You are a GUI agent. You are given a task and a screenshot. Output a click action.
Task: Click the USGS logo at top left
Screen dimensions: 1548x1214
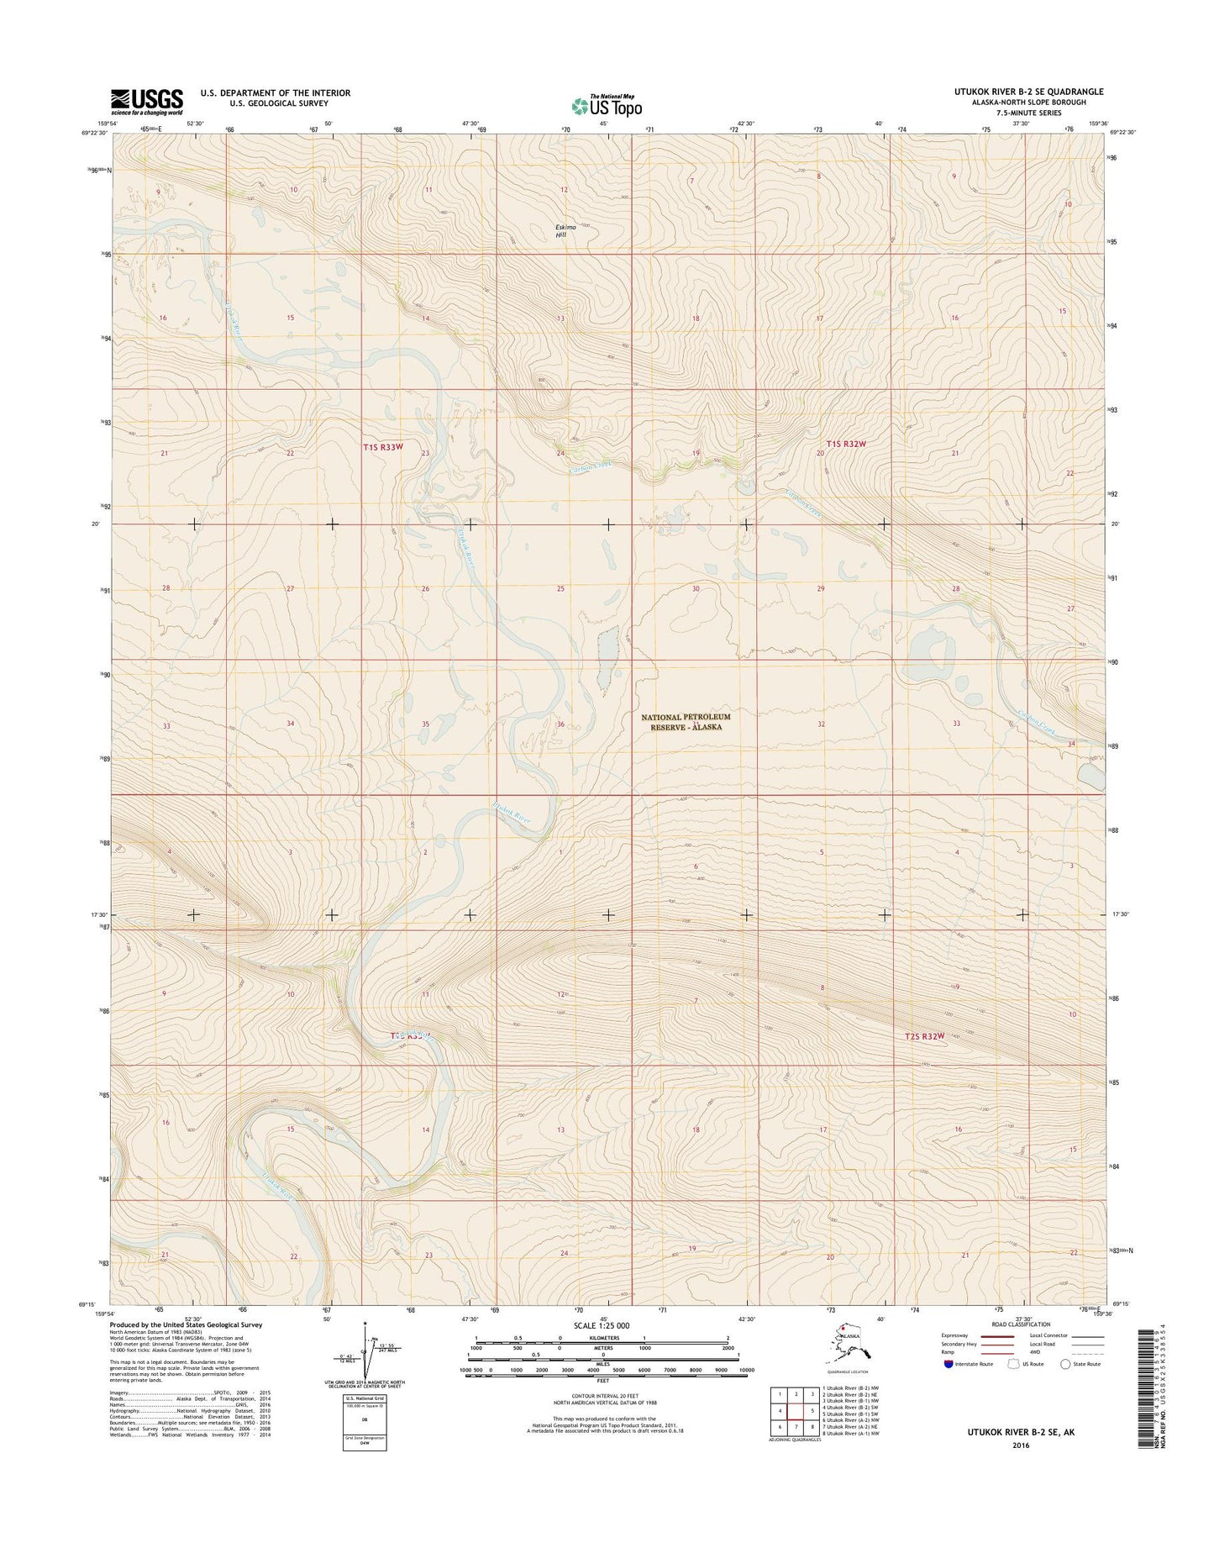pyautogui.click(x=146, y=102)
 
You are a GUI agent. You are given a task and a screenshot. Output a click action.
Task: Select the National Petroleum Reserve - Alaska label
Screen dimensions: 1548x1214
pyautogui.click(x=686, y=721)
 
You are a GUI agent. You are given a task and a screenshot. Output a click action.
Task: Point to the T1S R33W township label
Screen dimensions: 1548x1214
pyautogui.click(x=378, y=448)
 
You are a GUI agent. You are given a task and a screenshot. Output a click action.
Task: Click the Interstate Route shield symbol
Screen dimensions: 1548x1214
pyautogui.click(x=949, y=1364)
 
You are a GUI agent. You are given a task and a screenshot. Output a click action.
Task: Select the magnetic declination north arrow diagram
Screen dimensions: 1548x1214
pyautogui.click(x=365, y=1354)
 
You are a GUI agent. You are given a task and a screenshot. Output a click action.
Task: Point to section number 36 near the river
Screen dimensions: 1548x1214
pyautogui.click(x=560, y=724)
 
